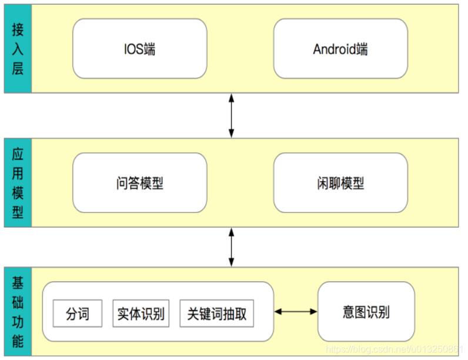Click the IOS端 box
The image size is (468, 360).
point(139,49)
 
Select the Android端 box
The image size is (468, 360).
point(340,49)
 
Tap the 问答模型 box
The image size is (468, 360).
point(139,183)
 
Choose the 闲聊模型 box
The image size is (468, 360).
point(340,183)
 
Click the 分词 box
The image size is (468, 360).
point(77,314)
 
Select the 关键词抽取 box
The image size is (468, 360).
point(216,314)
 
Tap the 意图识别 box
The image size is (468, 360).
point(366,312)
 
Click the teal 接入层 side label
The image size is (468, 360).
point(18,49)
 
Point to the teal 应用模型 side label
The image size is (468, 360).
point(18,183)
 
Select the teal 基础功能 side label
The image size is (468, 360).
point(18,312)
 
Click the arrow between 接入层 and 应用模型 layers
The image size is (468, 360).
point(232,115)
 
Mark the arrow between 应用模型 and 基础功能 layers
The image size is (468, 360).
point(232,248)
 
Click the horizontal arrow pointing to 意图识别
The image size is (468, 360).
point(296,312)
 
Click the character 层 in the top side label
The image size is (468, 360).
point(18,69)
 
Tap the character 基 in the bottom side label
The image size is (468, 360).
point(18,284)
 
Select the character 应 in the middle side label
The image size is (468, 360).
point(18,155)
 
